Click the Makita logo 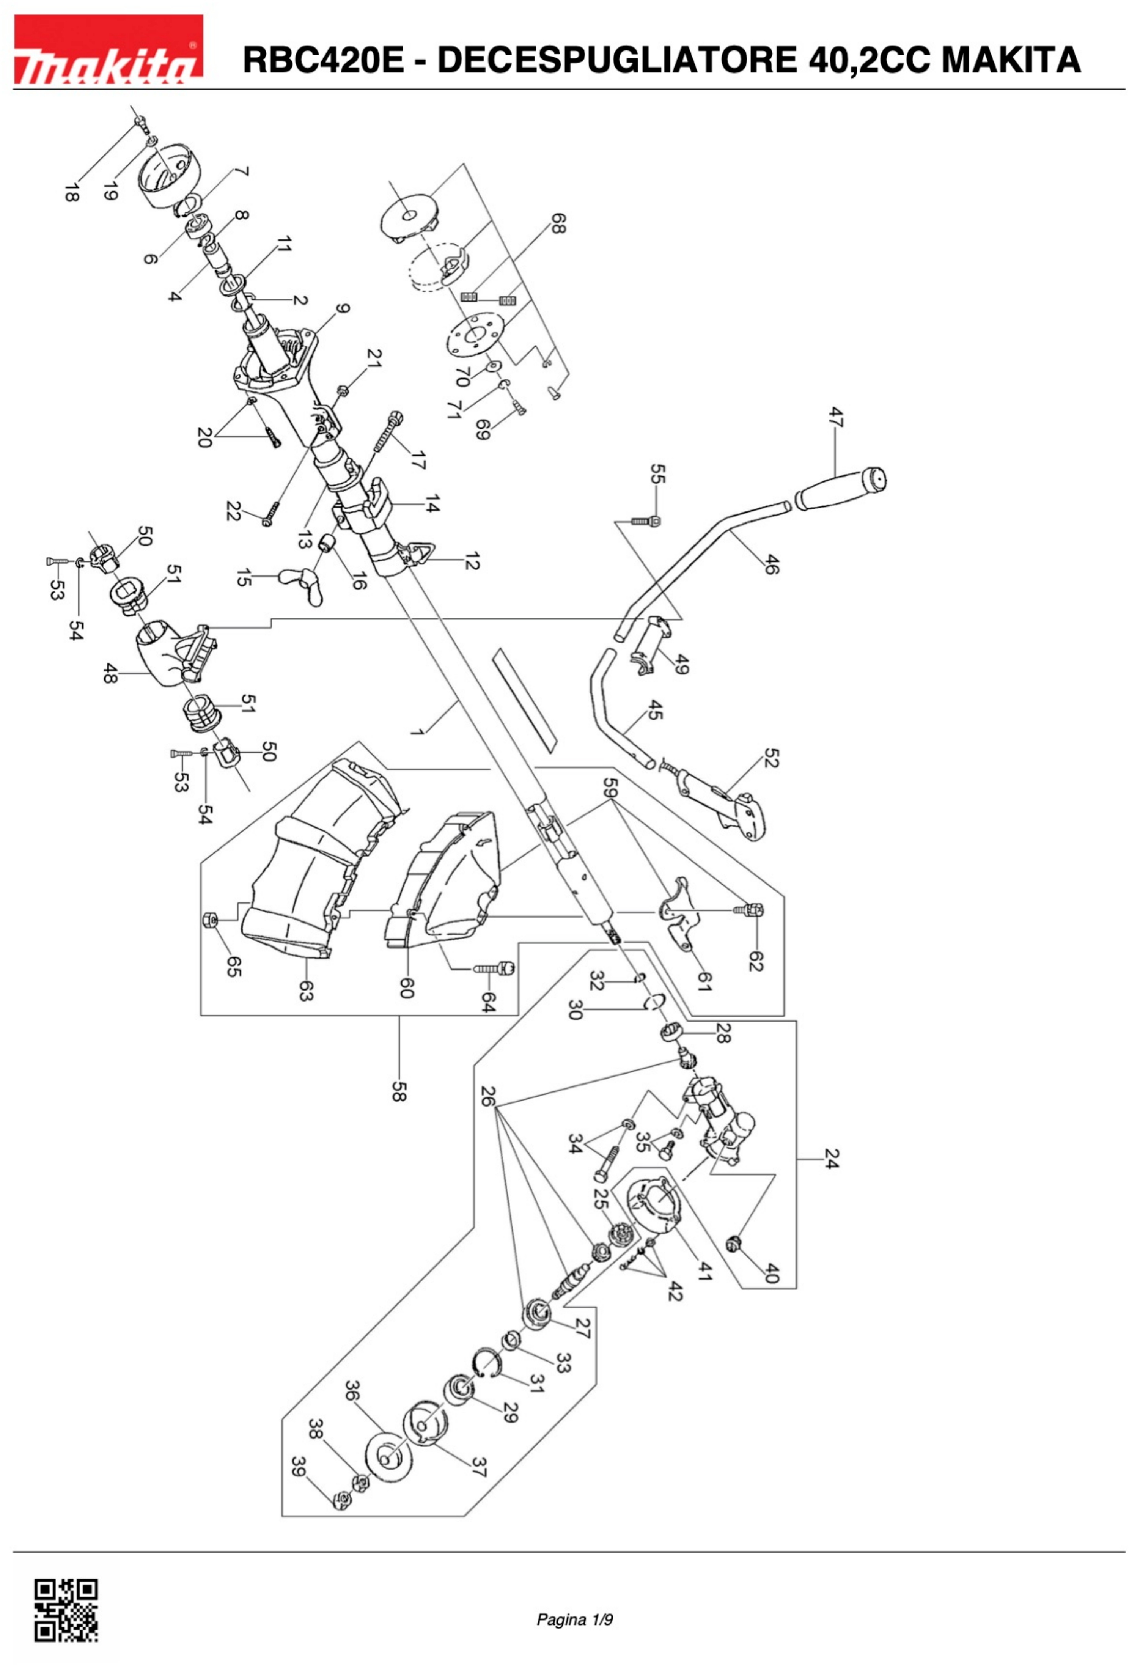(108, 50)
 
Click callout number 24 (830, 1159)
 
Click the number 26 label (487, 1096)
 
